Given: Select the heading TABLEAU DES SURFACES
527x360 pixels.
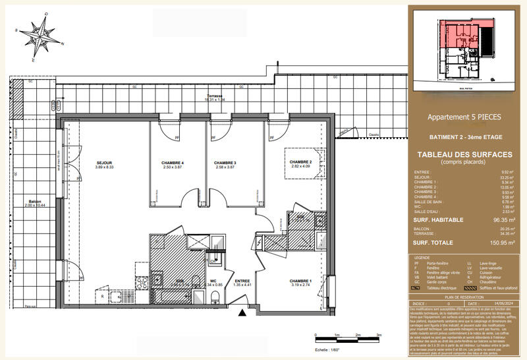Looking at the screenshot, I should (465, 155).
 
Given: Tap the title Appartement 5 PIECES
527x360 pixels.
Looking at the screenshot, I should (464, 117).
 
